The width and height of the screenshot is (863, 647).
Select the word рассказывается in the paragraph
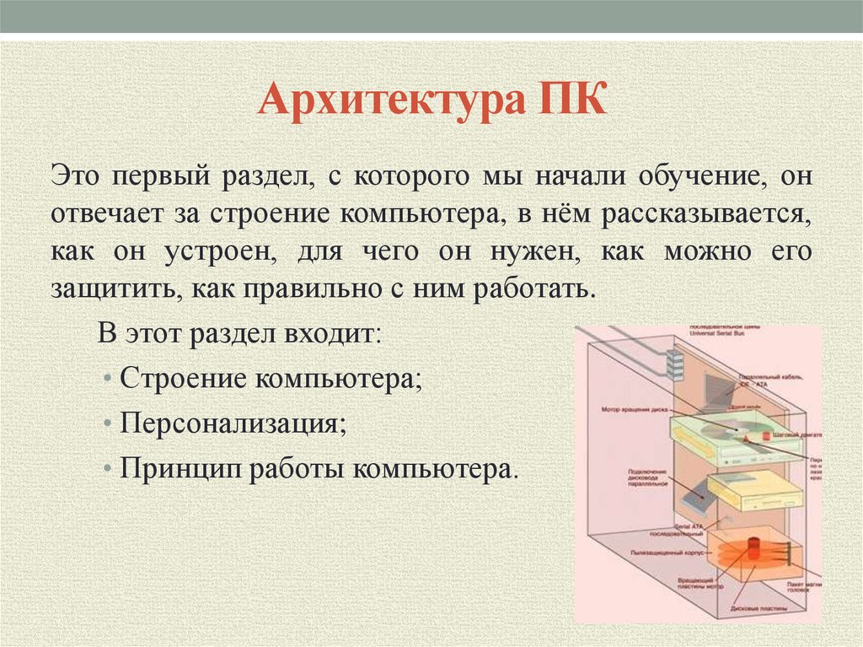click(705, 214)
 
